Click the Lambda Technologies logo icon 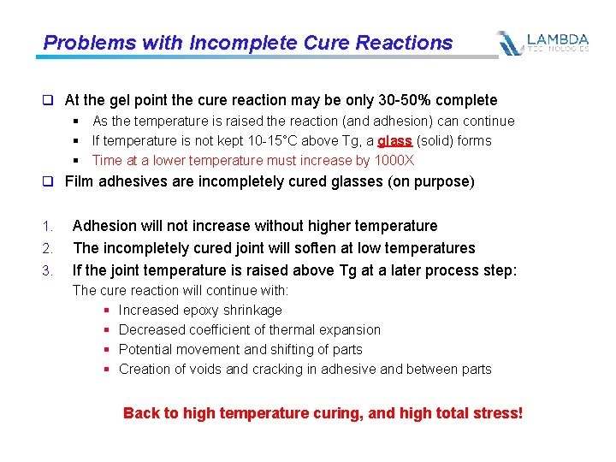(x=510, y=43)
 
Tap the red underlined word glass (x=394, y=141)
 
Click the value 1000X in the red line (x=395, y=161)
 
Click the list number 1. (x=47, y=227)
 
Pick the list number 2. (x=47, y=249)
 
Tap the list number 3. (x=47, y=271)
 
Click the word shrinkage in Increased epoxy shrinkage (x=252, y=311)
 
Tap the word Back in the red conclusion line (x=140, y=413)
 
